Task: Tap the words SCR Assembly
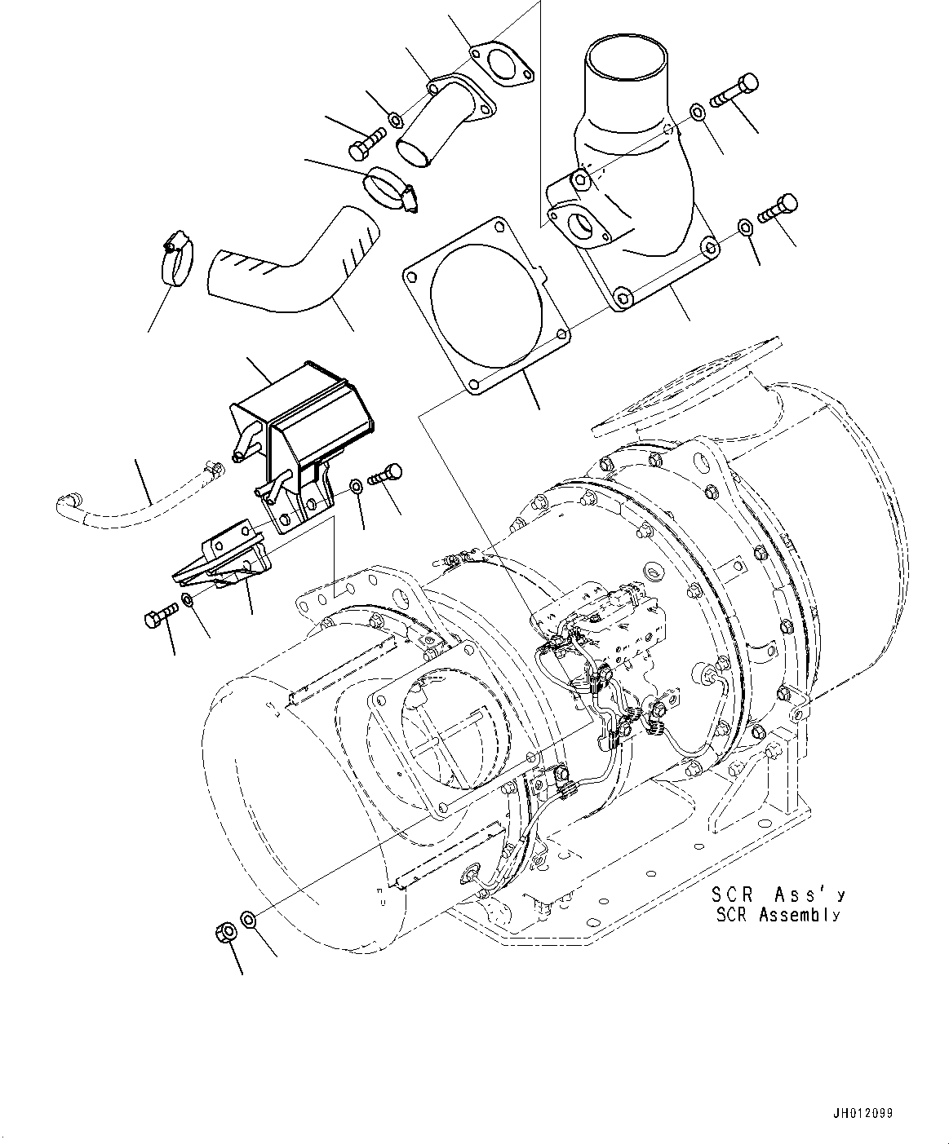tap(778, 915)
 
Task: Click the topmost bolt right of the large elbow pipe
tap(734, 91)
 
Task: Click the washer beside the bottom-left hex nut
tap(250, 919)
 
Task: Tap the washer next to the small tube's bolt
tap(395, 121)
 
